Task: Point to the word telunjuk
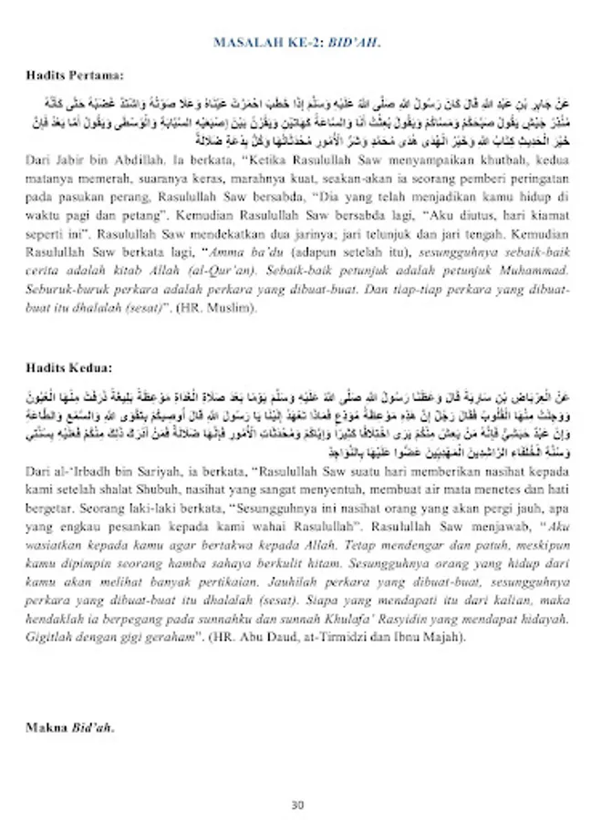coord(370,244)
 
